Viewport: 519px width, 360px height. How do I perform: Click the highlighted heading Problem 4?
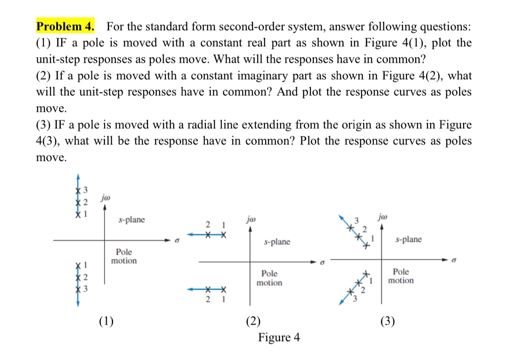point(66,27)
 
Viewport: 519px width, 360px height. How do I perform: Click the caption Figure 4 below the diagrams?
point(279,337)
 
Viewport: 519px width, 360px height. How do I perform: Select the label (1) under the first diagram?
point(106,321)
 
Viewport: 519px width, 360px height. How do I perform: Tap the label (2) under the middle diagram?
point(253,321)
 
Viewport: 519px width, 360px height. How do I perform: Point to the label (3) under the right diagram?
point(388,321)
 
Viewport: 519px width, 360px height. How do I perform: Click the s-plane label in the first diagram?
point(131,220)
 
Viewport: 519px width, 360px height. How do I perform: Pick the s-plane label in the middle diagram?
point(277,242)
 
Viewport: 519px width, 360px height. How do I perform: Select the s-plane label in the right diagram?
point(408,239)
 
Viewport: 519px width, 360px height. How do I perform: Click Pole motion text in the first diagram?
point(124,256)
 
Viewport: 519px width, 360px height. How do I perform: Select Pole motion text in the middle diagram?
point(269,278)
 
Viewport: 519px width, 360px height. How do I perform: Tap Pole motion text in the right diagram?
point(401,276)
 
